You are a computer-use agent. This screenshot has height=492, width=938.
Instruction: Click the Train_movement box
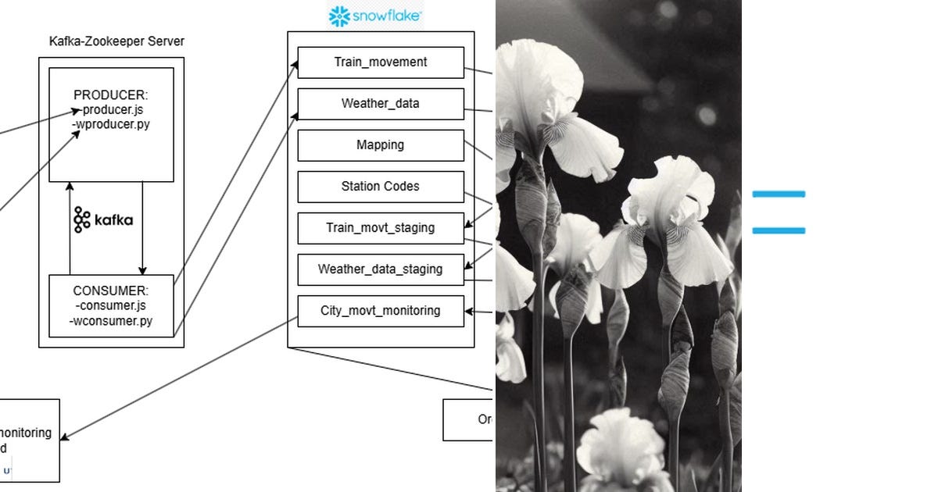[381, 62]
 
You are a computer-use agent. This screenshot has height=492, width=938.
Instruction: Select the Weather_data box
[381, 104]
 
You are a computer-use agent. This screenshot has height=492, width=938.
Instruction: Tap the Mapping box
[381, 145]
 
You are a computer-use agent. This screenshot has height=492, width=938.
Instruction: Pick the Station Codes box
[381, 187]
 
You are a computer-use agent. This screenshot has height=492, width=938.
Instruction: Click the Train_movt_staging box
[381, 228]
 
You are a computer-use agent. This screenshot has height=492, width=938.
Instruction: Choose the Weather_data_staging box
[381, 269]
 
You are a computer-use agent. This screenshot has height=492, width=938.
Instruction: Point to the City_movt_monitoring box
[381, 311]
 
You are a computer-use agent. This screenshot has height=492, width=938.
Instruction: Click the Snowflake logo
[376, 16]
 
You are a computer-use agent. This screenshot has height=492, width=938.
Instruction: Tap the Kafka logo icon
[82, 220]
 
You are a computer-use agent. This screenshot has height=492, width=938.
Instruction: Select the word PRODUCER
[111, 95]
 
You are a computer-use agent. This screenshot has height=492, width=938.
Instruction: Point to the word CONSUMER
[111, 291]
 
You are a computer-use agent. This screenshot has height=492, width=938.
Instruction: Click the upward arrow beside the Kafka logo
[70, 226]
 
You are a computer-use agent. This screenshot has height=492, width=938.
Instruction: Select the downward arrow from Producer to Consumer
[142, 226]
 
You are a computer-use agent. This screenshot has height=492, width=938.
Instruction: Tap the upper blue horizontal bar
[779, 194]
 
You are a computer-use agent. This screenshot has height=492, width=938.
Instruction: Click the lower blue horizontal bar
[779, 230]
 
